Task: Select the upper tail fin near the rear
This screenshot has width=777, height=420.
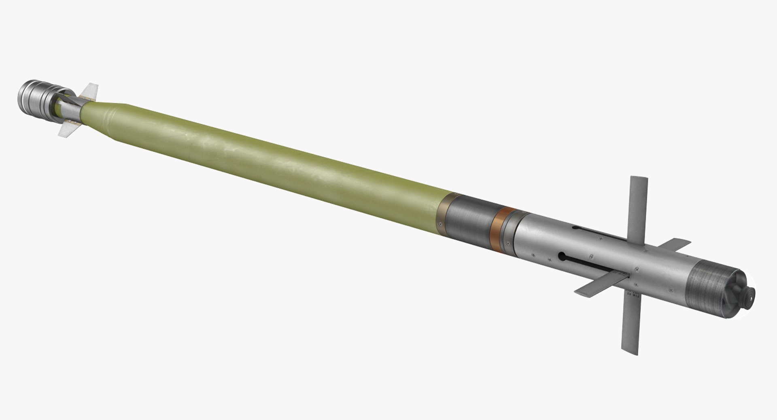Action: (91, 91)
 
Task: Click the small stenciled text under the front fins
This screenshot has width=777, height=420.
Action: (631, 294)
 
